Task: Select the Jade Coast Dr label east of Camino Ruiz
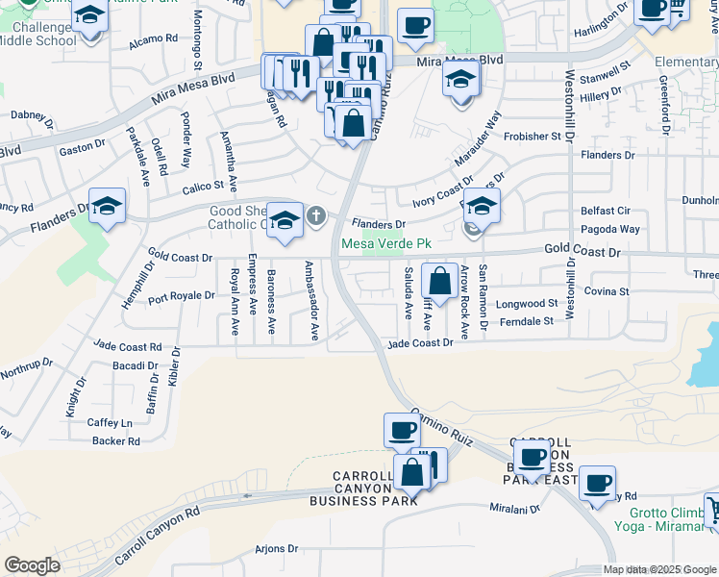click(x=419, y=343)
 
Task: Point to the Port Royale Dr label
click(x=183, y=295)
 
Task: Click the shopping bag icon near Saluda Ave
click(x=439, y=283)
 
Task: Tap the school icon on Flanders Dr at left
click(x=109, y=207)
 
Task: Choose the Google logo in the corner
click(x=32, y=565)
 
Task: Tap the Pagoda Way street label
click(x=609, y=230)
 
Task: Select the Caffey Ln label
click(x=110, y=422)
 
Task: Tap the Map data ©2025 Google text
click(x=659, y=569)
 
